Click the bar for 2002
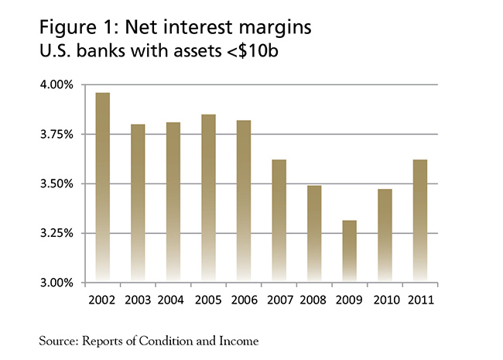pos(102,186)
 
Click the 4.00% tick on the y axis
pos(56,84)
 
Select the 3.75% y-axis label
pos(56,134)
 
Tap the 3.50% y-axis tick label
pos(56,183)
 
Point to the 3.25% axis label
pos(56,233)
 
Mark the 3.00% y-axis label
pos(56,283)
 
